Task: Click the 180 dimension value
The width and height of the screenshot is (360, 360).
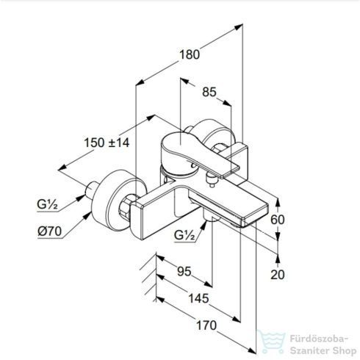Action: click(x=190, y=54)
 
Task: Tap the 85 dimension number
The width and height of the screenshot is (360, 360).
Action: click(x=209, y=93)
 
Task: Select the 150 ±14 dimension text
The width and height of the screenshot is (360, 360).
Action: click(x=107, y=143)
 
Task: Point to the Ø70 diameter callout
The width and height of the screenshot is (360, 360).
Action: click(x=49, y=231)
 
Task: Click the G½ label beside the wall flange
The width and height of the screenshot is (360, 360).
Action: click(x=47, y=204)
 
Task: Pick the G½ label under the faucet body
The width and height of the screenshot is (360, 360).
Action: click(x=184, y=235)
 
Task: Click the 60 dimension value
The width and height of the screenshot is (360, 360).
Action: click(x=278, y=220)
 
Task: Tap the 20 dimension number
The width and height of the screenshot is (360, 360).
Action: click(x=278, y=275)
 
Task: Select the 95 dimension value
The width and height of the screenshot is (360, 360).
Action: click(x=184, y=271)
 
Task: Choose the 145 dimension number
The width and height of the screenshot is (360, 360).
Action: click(x=198, y=298)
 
